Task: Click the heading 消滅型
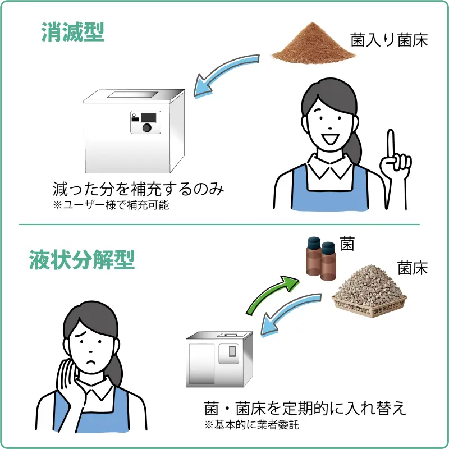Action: (x=73, y=33)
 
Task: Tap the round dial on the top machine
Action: (x=146, y=128)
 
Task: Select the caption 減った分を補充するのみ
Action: (x=139, y=189)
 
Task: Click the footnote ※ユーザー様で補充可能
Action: (x=111, y=205)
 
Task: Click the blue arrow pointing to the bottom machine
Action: (x=291, y=317)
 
